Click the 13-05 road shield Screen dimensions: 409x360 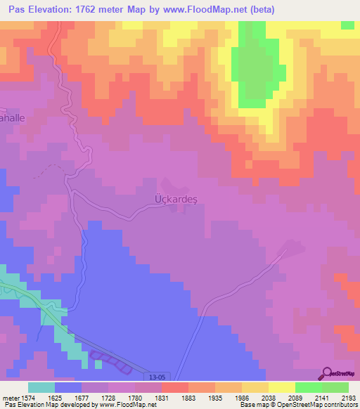coord(160,376)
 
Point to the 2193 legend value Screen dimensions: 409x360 coord(349,397)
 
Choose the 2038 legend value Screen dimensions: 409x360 coord(268,397)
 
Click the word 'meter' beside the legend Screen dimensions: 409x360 coord(11,397)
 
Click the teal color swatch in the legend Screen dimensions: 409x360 coord(41,387)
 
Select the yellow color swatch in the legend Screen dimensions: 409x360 coord(281,387)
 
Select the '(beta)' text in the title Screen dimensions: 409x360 coord(258,10)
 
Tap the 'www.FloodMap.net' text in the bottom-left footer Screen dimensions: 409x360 coord(125,405)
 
